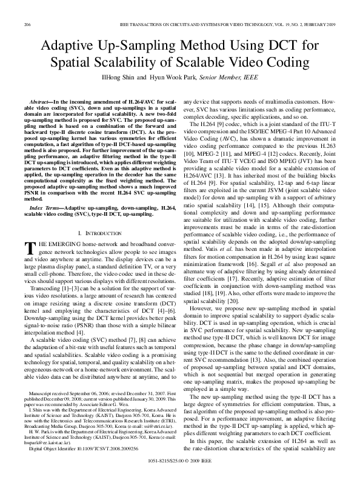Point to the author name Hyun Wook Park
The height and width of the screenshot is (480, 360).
[x=186, y=77]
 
